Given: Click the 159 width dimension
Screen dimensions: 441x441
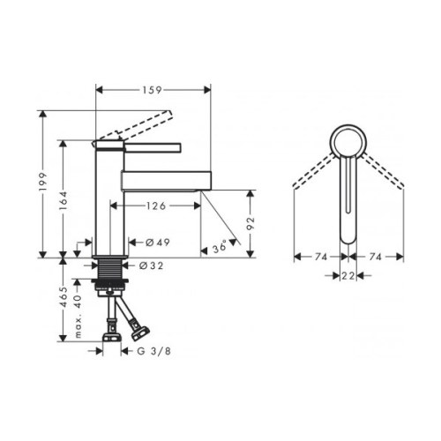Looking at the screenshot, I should pos(153,88).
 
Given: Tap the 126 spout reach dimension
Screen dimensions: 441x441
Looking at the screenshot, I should pos(155,206).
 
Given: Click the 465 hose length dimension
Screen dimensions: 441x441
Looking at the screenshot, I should pos(64,301).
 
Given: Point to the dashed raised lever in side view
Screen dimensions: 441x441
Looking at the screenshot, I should pos(132,127).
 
